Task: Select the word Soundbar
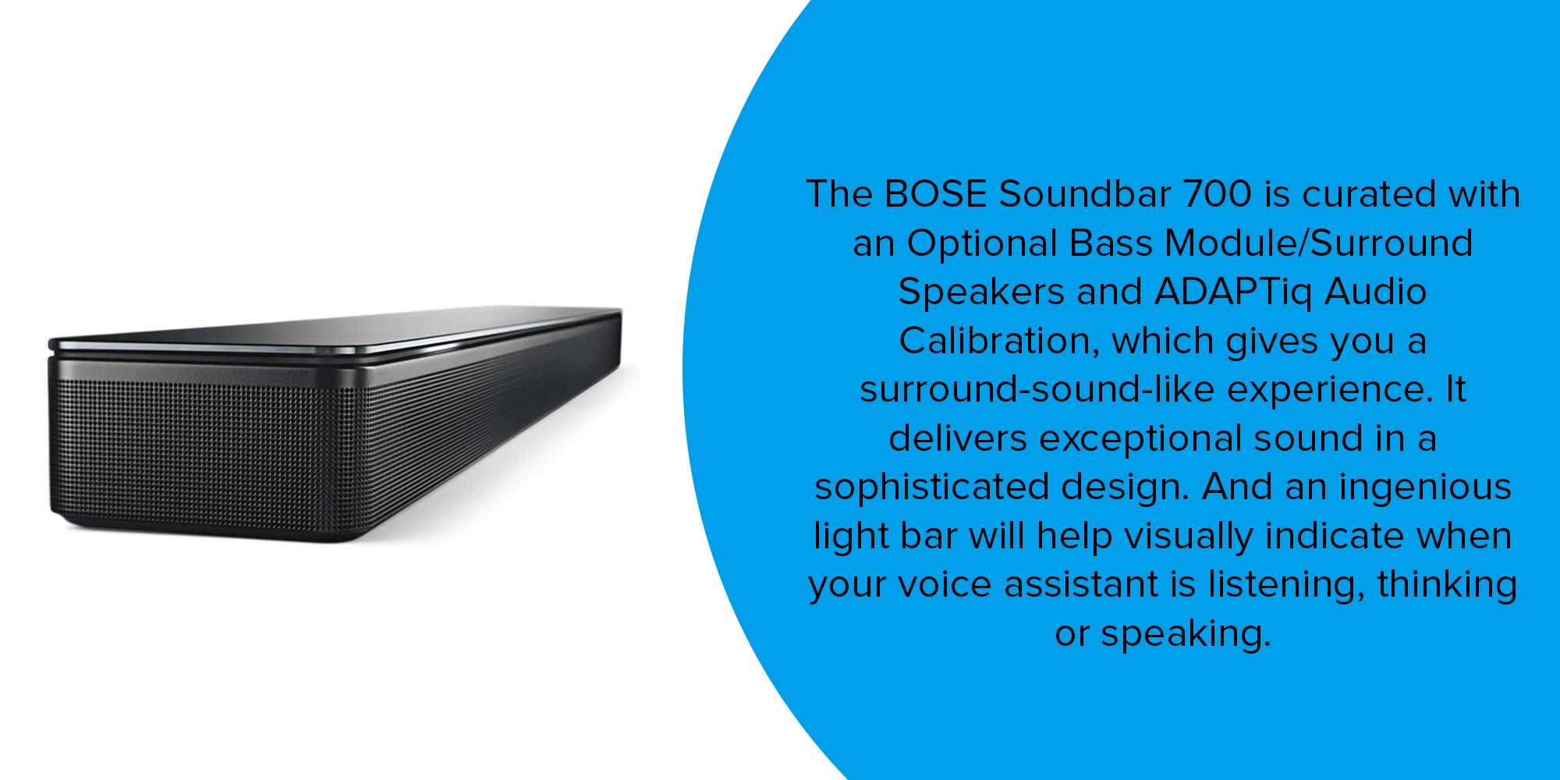pyautogui.click(x=1085, y=194)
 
